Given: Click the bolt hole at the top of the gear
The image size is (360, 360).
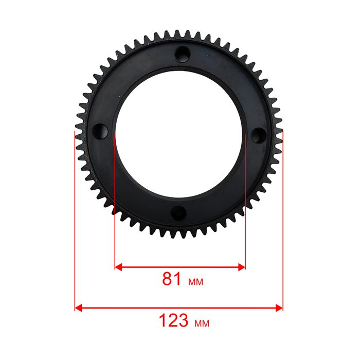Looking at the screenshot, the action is [x=183, y=55].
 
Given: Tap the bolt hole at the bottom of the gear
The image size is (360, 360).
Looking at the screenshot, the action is [x=178, y=213].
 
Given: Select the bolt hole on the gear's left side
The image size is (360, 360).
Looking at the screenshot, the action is [x=100, y=132].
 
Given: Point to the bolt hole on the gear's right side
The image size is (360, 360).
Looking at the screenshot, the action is [x=258, y=135].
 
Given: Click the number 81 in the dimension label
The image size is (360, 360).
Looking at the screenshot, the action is [x=172, y=279].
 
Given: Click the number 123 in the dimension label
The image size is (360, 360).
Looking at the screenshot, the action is [x=174, y=320].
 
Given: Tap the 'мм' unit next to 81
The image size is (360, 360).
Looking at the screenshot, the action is [x=195, y=282].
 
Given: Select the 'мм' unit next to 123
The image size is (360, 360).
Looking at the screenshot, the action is [x=202, y=323].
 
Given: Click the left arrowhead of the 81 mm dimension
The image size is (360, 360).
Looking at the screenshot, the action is [x=118, y=267].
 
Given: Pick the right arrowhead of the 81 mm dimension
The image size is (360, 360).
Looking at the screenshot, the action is [x=242, y=267].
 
